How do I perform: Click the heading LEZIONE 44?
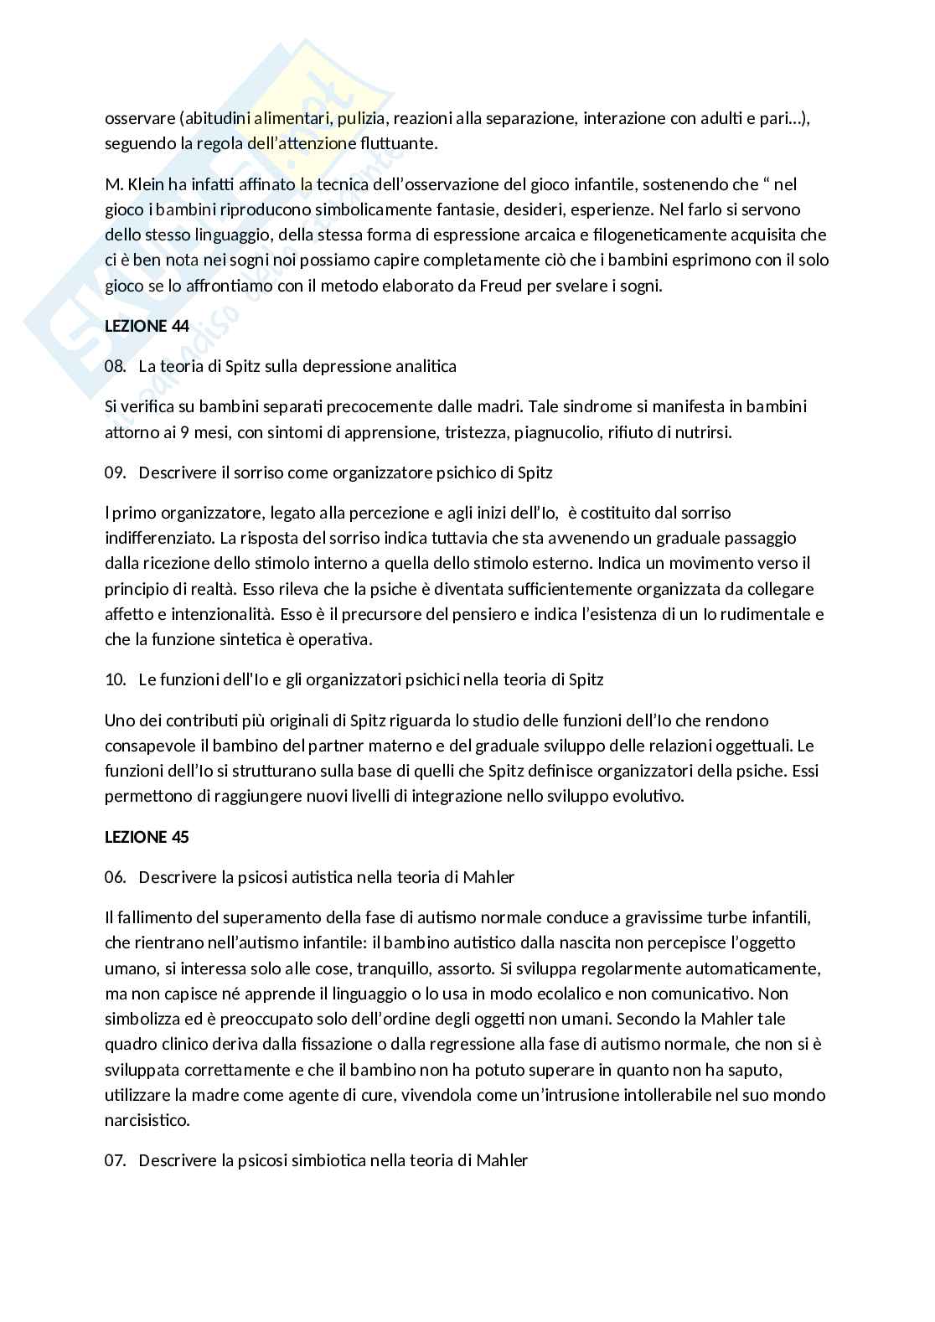[147, 326]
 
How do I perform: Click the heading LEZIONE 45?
[147, 836]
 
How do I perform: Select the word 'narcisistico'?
[147, 1120]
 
